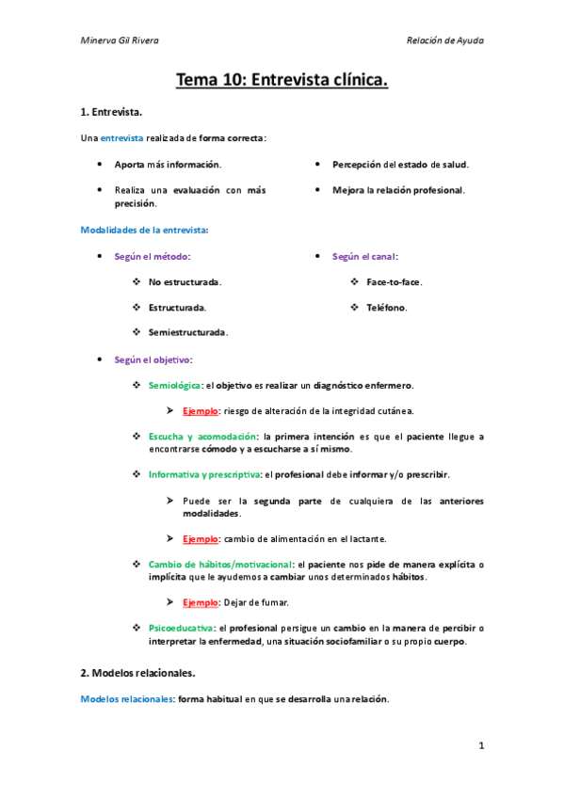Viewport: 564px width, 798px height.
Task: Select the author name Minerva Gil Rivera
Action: (x=119, y=40)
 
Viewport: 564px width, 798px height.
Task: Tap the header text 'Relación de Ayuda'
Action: (x=444, y=40)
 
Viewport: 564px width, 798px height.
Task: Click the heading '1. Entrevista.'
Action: (x=111, y=113)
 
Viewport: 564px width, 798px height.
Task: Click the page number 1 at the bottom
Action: (x=480, y=746)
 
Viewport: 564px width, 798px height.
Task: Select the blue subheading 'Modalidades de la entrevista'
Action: (x=144, y=230)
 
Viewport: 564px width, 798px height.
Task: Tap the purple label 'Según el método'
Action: (x=152, y=256)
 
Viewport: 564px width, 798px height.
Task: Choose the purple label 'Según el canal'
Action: (x=364, y=256)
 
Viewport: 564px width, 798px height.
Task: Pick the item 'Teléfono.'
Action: (x=387, y=308)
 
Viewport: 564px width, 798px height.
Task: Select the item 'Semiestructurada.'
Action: (x=187, y=332)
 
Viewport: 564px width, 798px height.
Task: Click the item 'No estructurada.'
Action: (x=185, y=282)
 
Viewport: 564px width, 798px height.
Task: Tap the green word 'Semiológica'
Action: (x=174, y=385)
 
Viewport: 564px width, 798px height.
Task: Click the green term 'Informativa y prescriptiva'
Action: (x=205, y=474)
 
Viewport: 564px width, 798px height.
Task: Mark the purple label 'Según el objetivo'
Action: (x=153, y=359)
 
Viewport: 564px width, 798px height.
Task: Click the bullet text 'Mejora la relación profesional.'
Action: (x=399, y=190)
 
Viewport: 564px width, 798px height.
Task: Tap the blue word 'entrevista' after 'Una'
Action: (x=122, y=138)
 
